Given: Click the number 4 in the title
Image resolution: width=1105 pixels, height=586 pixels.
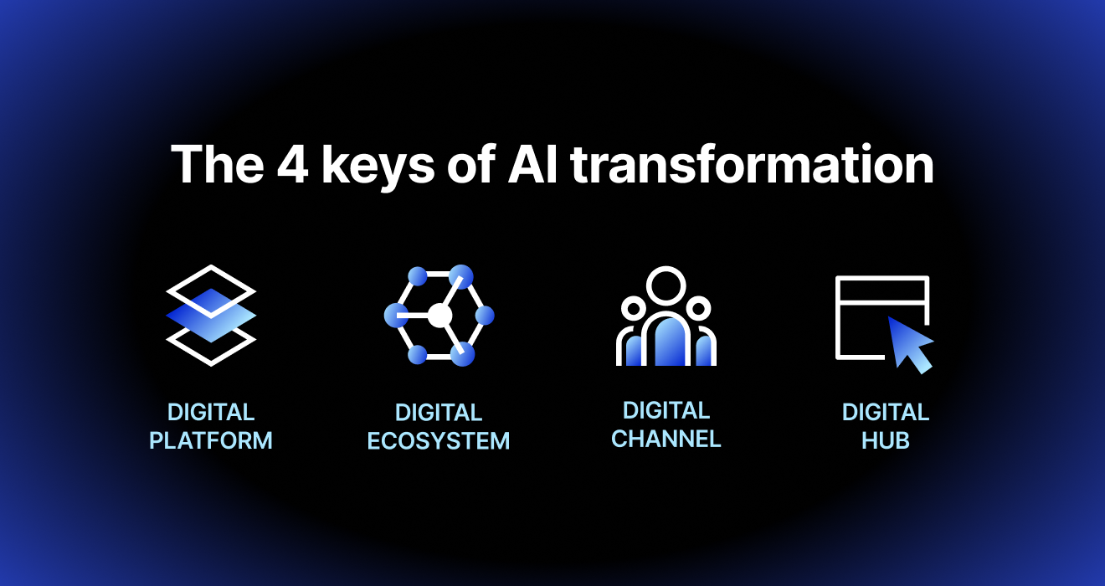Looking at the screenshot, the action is click(x=292, y=164).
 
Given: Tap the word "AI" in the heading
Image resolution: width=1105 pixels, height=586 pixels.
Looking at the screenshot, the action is click(x=532, y=164).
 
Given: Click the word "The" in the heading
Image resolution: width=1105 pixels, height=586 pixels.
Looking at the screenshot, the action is click(x=217, y=164).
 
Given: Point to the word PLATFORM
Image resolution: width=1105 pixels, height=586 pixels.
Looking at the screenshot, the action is click(x=211, y=440).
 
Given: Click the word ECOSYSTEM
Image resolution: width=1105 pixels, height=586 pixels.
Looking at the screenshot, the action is click(x=438, y=440).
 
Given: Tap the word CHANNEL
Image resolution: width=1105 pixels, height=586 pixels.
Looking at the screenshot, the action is click(x=666, y=439).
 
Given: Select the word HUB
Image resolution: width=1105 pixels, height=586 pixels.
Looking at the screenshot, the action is click(x=886, y=440).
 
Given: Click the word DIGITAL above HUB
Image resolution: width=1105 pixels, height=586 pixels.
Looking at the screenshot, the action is click(x=886, y=413).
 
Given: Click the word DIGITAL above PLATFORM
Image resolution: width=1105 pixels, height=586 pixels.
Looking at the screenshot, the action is click(x=211, y=413).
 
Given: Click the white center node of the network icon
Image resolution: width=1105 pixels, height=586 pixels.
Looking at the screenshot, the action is click(x=439, y=316).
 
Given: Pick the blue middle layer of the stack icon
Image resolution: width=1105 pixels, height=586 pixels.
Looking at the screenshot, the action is click(x=211, y=316).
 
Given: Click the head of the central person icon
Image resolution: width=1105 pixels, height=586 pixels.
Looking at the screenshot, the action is click(x=666, y=286).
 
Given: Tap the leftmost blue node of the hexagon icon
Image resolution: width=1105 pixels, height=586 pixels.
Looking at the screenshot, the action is click(x=396, y=316).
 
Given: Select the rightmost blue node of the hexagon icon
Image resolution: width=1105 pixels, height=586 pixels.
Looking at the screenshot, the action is click(x=484, y=316).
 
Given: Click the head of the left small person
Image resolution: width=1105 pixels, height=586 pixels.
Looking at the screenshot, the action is click(x=634, y=309).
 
